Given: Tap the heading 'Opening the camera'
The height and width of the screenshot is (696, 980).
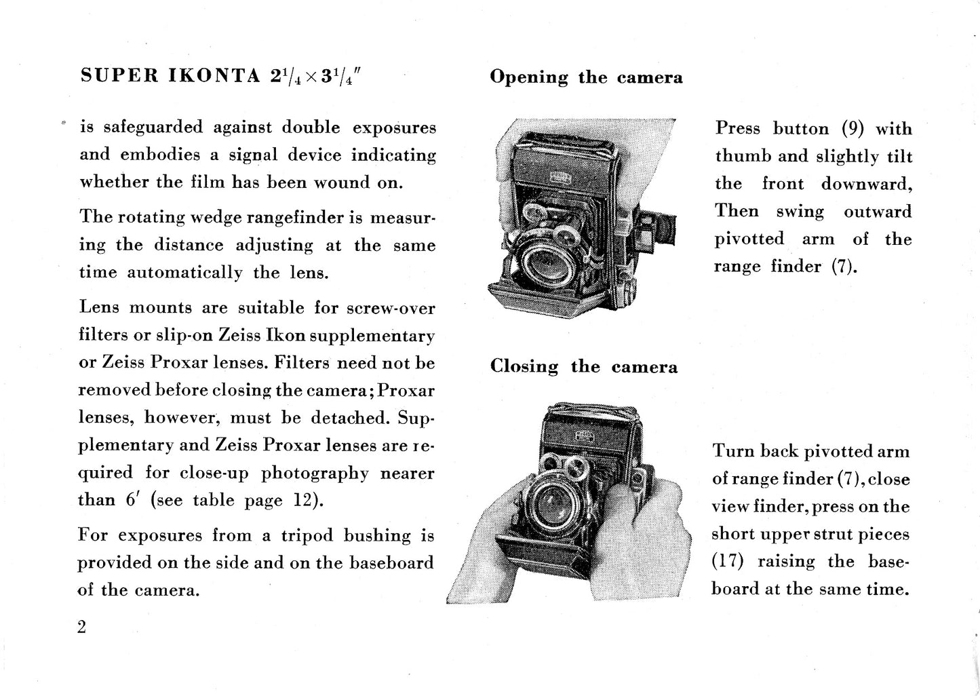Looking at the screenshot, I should (586, 77).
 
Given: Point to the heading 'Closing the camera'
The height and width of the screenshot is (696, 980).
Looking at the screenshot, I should (583, 367).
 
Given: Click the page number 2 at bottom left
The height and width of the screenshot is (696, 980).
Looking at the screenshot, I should (82, 627).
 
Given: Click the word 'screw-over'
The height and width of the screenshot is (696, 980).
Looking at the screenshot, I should (391, 308).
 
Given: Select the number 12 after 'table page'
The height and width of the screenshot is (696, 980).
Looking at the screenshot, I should (303, 501).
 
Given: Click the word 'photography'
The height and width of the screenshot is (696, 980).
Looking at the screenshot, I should (315, 473).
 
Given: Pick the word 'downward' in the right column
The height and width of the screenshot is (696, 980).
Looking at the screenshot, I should (866, 185).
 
